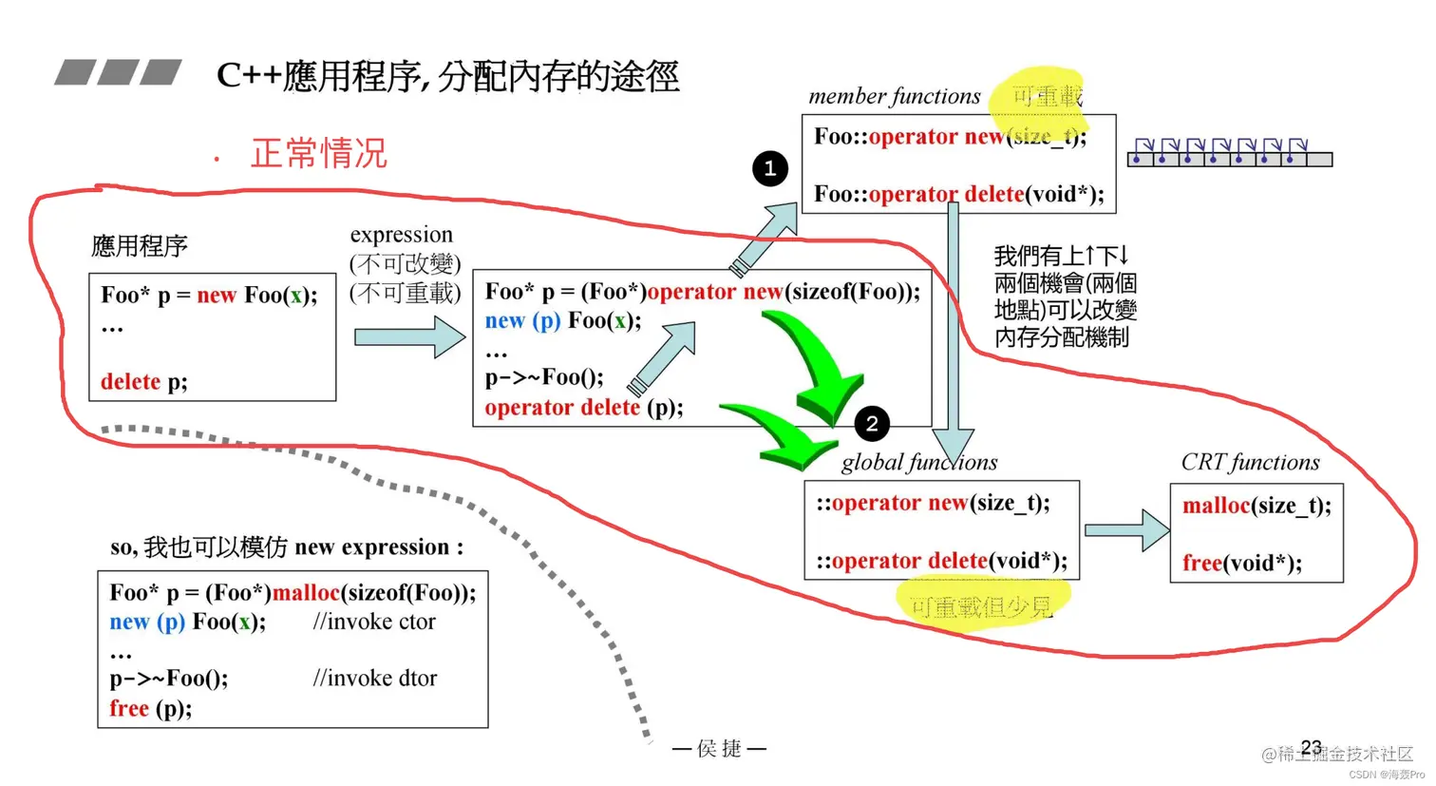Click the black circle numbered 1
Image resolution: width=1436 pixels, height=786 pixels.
(x=769, y=169)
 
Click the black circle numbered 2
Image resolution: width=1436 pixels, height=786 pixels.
(x=871, y=424)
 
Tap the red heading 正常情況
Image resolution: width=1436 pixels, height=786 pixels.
(x=318, y=153)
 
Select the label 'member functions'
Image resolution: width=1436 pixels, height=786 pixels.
(x=894, y=96)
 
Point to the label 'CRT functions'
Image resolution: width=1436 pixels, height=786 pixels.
(x=1250, y=462)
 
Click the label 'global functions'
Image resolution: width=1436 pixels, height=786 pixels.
(x=918, y=462)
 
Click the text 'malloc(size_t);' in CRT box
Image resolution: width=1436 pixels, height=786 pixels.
(x=1256, y=506)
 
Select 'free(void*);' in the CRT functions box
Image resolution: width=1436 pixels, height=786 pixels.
(x=1241, y=563)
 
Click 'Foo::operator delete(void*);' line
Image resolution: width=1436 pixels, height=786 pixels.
(x=958, y=194)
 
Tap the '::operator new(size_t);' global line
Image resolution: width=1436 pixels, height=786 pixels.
(x=933, y=503)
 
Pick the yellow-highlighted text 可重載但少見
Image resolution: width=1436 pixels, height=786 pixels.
(x=981, y=606)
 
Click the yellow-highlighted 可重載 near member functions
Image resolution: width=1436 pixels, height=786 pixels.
(x=1046, y=97)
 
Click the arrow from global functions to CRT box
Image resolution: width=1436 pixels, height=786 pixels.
(x=1126, y=530)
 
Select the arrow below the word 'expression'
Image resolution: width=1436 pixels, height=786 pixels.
(x=409, y=337)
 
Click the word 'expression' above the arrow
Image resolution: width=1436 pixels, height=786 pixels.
(x=401, y=235)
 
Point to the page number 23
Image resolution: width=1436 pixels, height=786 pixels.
(x=1311, y=747)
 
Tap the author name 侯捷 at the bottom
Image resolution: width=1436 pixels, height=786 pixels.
(x=719, y=749)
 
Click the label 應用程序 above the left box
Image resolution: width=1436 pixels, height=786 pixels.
(x=140, y=246)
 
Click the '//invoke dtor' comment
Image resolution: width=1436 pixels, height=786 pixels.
(x=375, y=678)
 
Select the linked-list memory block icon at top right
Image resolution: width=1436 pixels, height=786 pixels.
(x=1229, y=153)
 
